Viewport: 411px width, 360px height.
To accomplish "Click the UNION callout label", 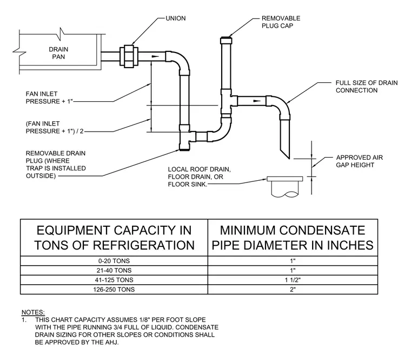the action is (176, 18).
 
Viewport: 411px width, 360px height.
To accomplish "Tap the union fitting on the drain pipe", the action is (129, 56).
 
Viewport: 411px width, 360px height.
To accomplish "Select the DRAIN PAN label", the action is (58, 53).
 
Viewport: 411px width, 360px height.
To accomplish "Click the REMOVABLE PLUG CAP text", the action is (281, 22).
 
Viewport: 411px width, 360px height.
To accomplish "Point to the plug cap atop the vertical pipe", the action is (226, 41).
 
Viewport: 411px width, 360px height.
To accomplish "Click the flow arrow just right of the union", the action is (155, 56).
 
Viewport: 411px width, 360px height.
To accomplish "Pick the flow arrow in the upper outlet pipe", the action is (257, 101).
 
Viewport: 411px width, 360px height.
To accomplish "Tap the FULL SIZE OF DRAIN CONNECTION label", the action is (367, 87).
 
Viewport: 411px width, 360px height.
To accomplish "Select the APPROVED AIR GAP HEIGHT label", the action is (360, 161).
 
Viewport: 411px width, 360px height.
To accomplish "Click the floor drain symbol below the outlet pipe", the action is (284, 187).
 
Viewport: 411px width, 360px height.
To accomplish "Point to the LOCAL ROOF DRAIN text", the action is (199, 169).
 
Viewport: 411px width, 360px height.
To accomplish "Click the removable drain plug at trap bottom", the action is (184, 149).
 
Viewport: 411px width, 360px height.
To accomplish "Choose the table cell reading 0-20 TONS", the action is (114, 261).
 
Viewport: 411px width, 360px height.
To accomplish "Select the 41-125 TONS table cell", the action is (114, 280).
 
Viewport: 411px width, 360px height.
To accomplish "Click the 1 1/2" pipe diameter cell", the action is (293, 280).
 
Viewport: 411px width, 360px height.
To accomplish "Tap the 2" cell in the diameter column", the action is (293, 290).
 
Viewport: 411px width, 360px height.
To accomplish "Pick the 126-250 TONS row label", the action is (114, 290).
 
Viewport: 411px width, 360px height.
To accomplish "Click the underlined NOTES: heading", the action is (33, 312).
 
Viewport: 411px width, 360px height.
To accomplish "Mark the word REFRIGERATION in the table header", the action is (144, 245).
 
